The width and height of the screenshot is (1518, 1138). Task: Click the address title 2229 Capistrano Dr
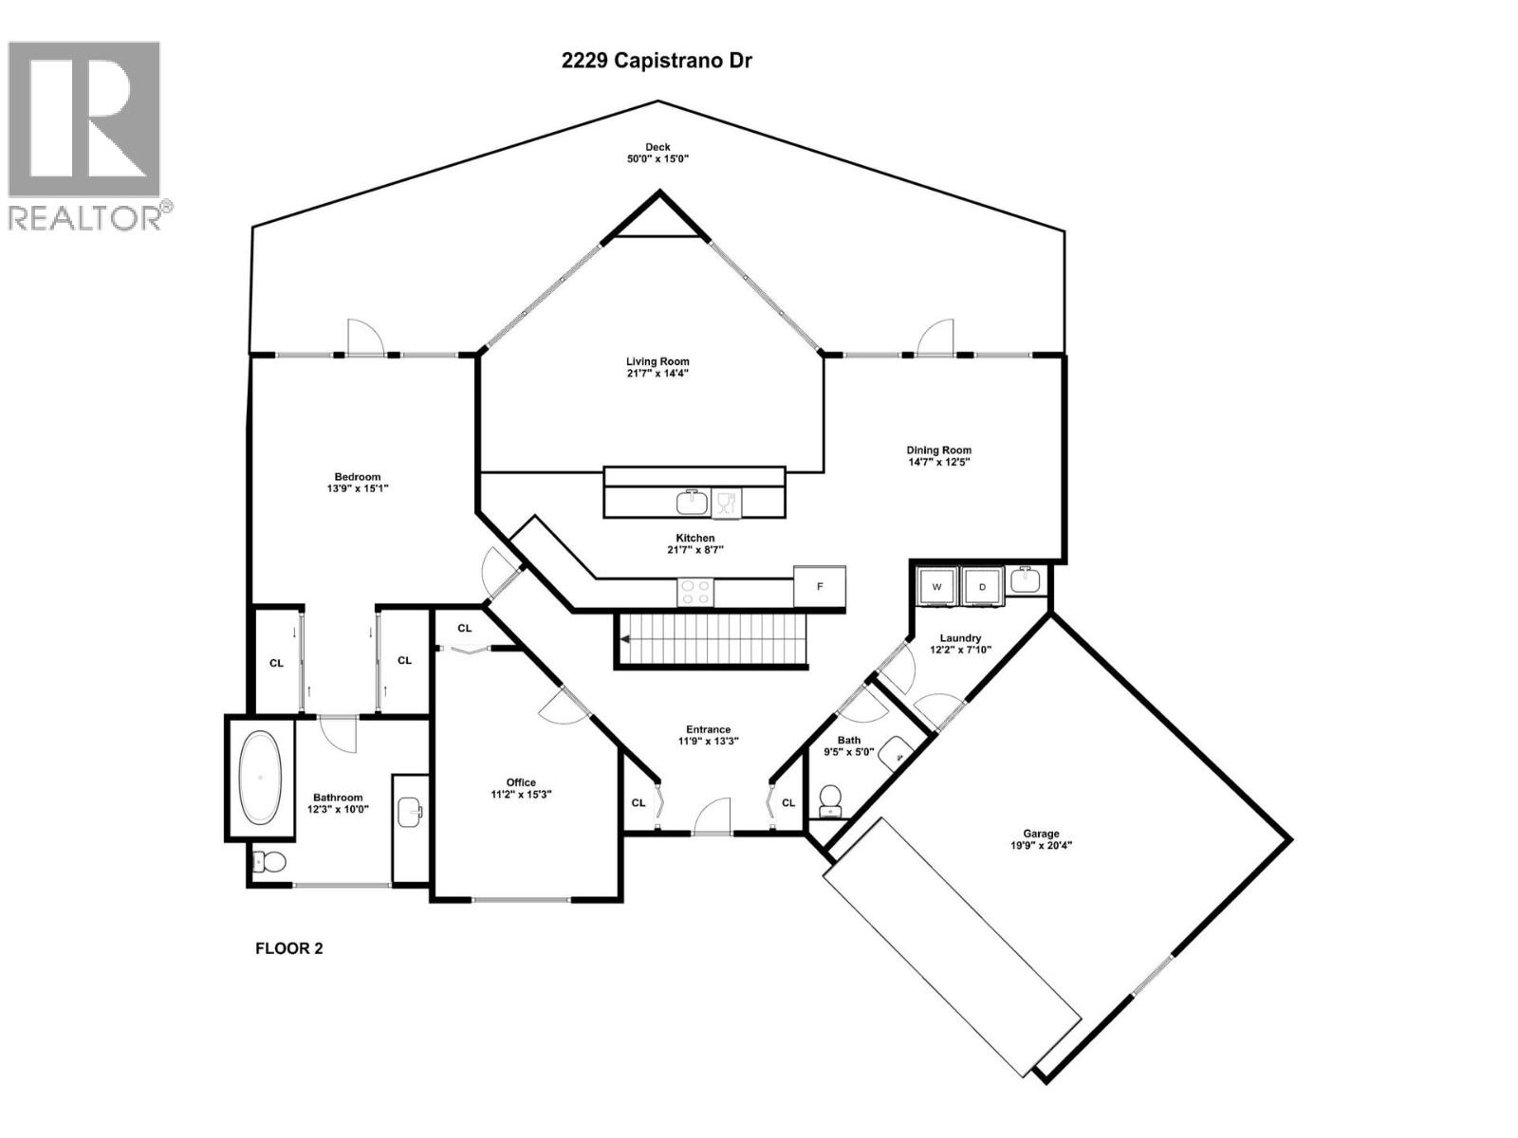coord(657,61)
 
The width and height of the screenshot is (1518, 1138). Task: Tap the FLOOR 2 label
coord(289,947)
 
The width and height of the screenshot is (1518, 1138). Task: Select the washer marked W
coord(935,587)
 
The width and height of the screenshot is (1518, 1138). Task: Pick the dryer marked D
coord(983,587)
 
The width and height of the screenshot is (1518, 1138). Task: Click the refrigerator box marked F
coord(820,587)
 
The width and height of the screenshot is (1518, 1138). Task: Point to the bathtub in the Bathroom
coord(260,778)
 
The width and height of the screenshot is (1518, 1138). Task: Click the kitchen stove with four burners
coord(695,592)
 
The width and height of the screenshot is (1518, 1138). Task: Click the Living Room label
coord(657,361)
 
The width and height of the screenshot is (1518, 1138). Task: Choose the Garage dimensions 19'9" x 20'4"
coord(1041,846)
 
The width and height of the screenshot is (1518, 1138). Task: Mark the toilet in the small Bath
coord(830,798)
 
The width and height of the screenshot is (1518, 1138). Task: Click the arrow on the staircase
coord(627,640)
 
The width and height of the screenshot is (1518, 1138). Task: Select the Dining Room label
coord(938,450)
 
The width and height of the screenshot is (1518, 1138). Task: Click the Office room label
coord(521,782)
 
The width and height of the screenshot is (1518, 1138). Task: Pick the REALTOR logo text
coord(90,218)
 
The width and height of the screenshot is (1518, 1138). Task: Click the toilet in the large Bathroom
coord(271,862)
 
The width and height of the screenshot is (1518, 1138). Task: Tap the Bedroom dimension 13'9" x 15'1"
coord(357,488)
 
